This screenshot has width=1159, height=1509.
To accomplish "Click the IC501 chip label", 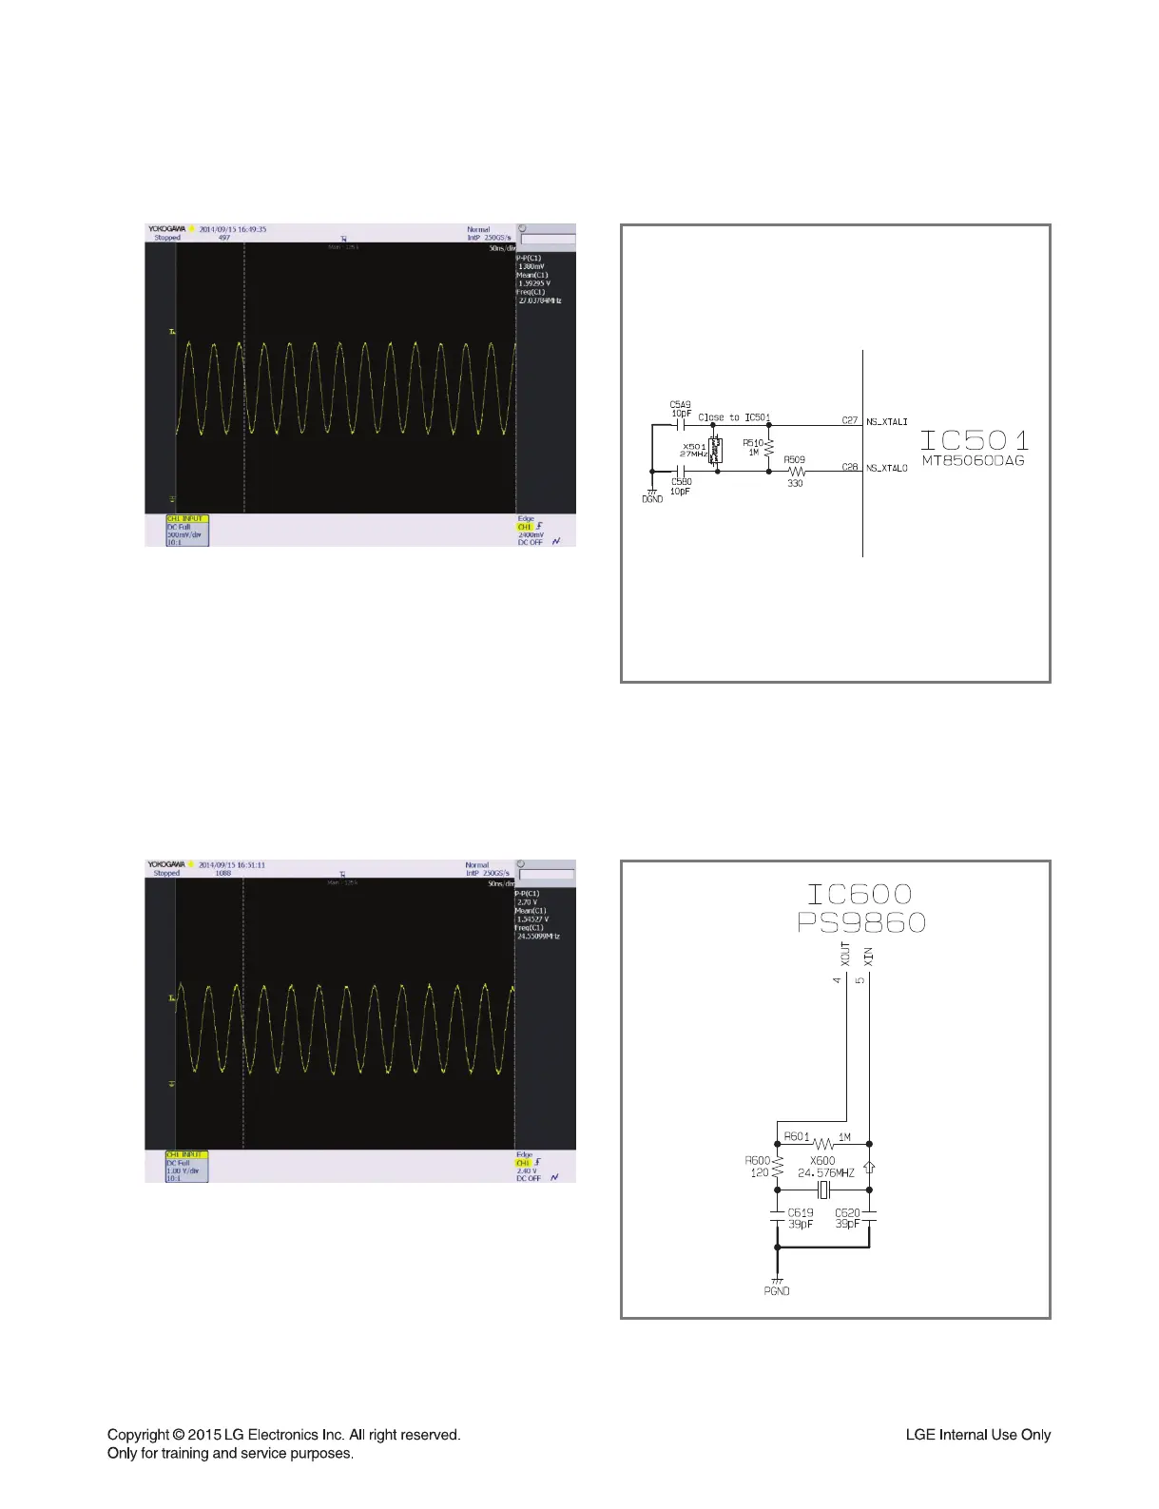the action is click(x=975, y=440).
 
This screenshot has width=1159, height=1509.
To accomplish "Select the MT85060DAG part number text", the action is click(x=973, y=461).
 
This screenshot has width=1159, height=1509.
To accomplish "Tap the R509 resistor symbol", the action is click(x=796, y=472).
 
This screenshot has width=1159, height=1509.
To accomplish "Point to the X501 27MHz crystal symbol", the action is click(x=715, y=450).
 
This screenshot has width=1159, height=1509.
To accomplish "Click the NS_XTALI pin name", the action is click(x=886, y=422).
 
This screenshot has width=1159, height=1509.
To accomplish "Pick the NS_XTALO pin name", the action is click(x=886, y=468).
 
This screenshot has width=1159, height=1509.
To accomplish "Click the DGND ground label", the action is click(x=652, y=499).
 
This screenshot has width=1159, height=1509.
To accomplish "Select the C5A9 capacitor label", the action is click(x=681, y=405).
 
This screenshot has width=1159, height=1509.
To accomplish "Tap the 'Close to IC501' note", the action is click(x=734, y=417).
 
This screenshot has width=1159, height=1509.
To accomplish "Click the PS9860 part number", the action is click(x=861, y=922).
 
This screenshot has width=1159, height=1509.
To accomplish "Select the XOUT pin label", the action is click(x=845, y=954).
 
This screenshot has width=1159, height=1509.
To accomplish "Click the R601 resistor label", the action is click(x=797, y=1136).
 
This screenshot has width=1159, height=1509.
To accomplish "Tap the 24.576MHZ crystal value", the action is click(x=825, y=1173).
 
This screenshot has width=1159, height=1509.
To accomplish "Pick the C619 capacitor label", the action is click(x=801, y=1212).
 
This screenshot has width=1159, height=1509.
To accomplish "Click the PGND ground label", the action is click(x=777, y=1290).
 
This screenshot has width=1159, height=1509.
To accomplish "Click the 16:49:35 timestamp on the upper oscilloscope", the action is click(x=245, y=229).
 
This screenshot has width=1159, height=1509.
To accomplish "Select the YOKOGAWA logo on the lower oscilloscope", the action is click(x=165, y=864).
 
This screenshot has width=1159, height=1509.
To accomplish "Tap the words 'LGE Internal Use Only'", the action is click(x=977, y=1435).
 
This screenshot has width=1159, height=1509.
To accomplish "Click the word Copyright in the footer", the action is click(x=138, y=1435).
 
